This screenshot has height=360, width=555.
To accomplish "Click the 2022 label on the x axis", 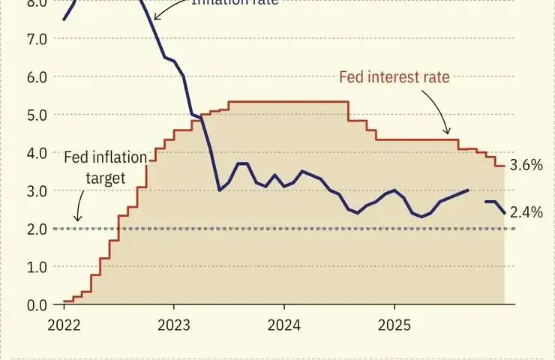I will pyautogui.click(x=64, y=327).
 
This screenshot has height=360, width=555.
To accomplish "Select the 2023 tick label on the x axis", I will pyautogui.click(x=173, y=327).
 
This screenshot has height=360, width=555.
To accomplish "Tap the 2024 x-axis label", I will pyautogui.click(x=283, y=327).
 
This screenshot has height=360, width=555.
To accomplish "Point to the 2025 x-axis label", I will pyautogui.click(x=394, y=327).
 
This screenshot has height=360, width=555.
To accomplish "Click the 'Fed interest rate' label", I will pyautogui.click(x=394, y=76).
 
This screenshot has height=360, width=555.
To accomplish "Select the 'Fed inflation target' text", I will pyautogui.click(x=94, y=167).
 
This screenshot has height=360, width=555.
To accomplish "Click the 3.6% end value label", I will pyautogui.click(x=526, y=166).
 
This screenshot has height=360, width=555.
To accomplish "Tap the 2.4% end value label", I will pyautogui.click(x=526, y=212).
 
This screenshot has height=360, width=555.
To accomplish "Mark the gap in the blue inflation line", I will pyautogui.click(x=477, y=196).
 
